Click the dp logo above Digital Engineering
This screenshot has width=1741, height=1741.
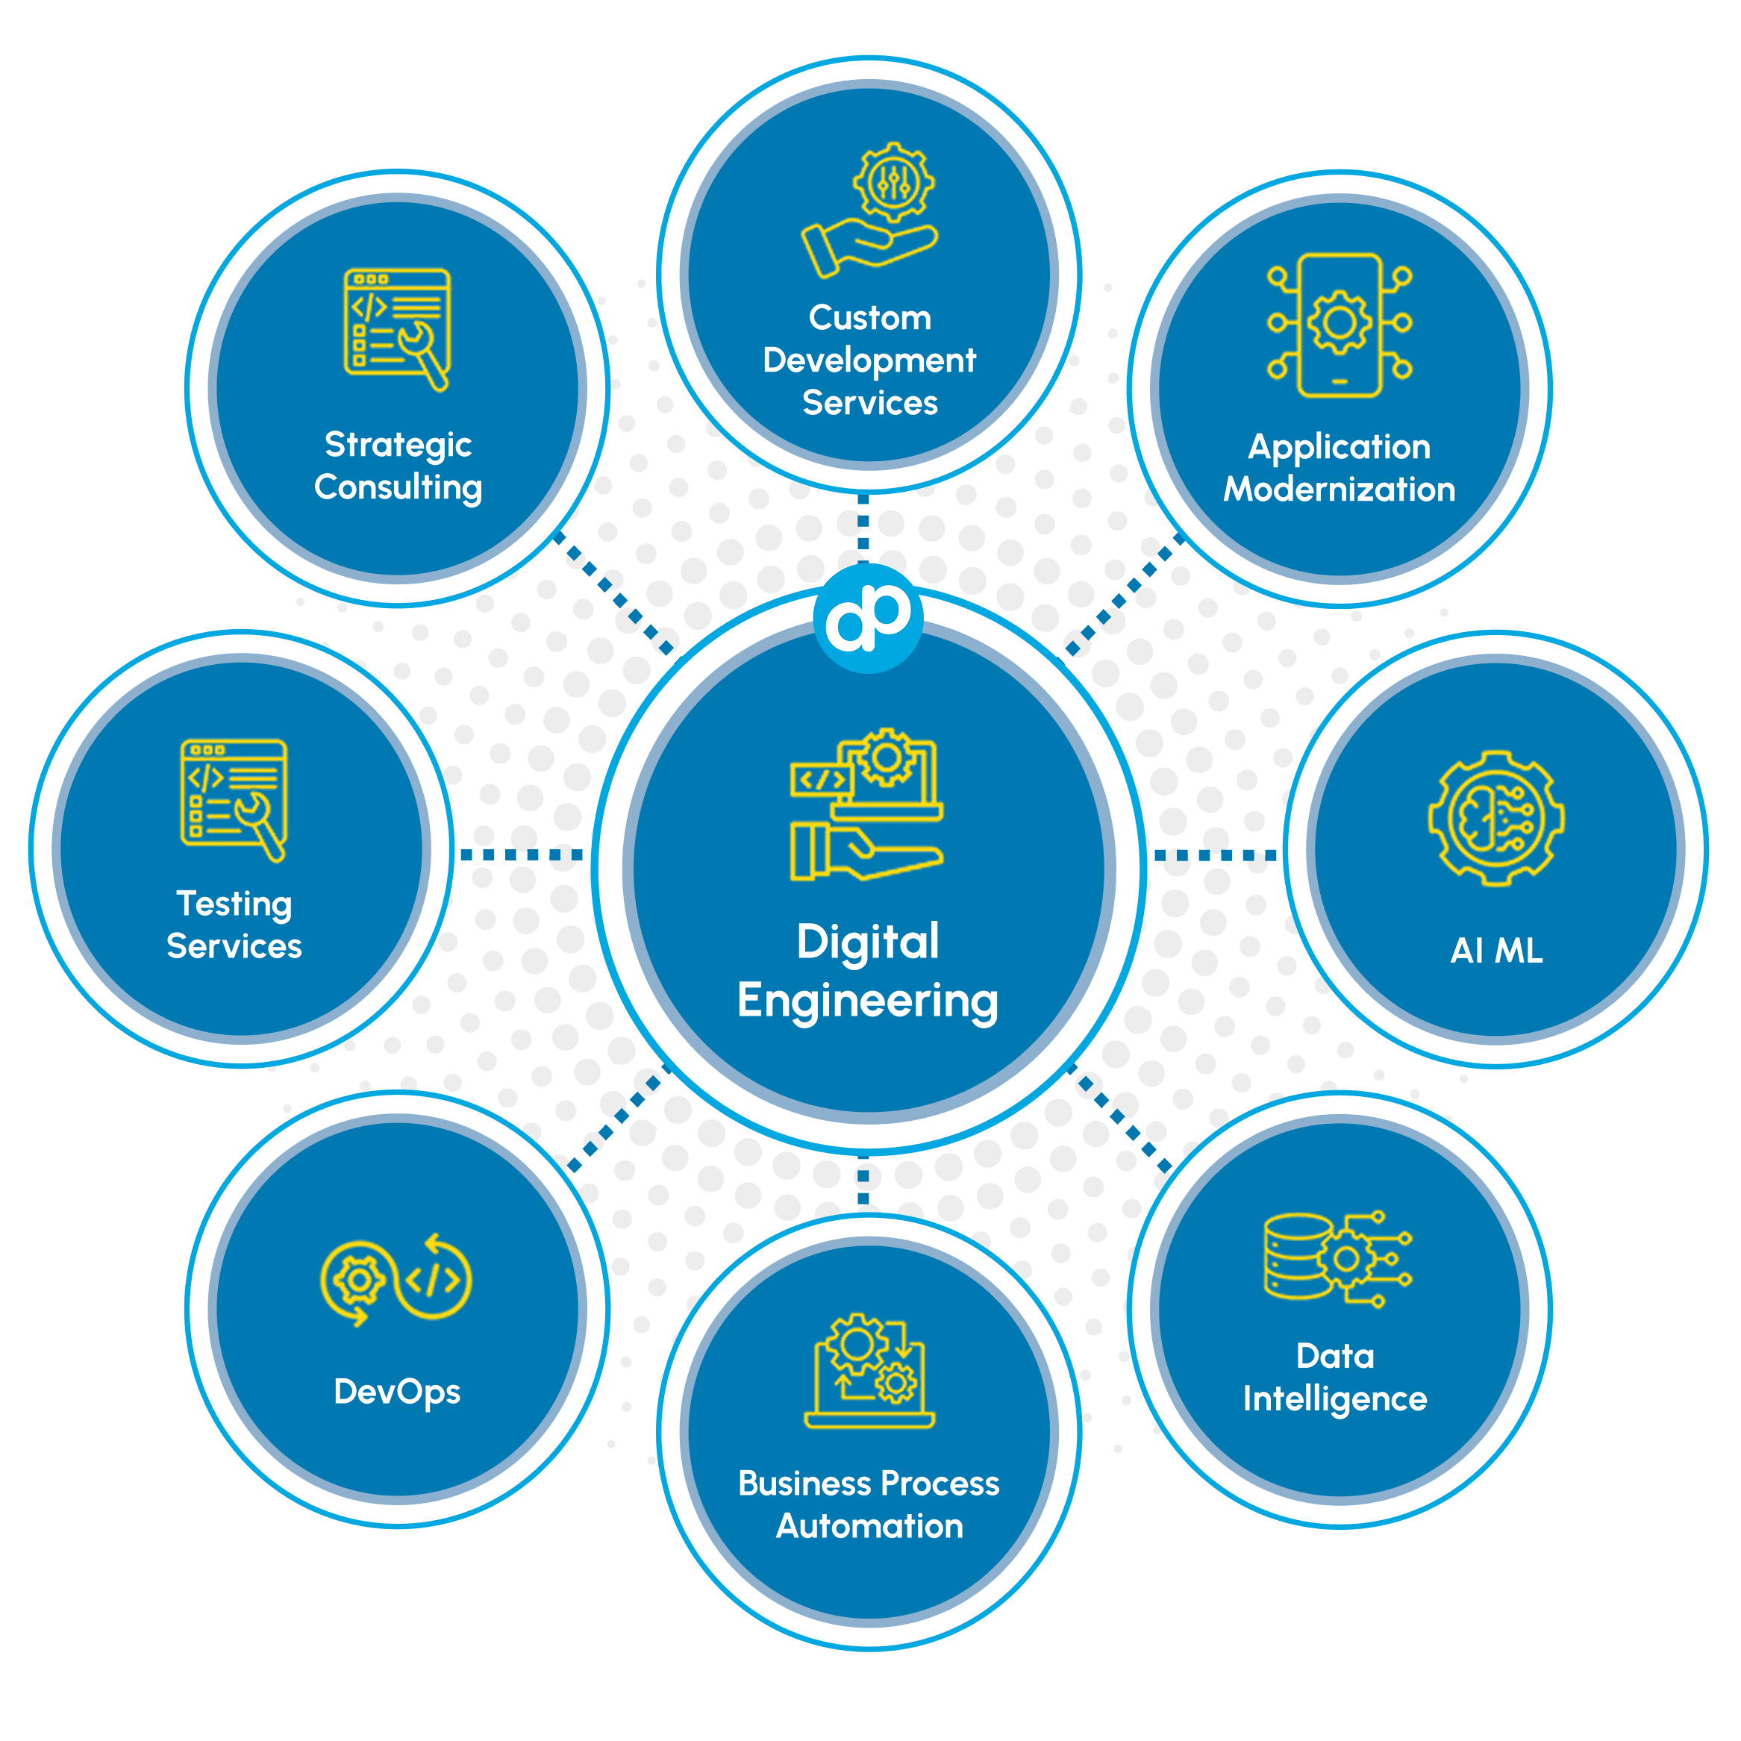868,618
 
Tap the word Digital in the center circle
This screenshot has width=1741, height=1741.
868,943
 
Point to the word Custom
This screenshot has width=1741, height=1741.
869,318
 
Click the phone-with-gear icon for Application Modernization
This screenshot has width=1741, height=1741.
1339,325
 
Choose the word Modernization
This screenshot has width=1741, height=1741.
1339,490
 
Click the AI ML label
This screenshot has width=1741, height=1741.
1496,951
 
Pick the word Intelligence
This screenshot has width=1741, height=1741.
1334,1398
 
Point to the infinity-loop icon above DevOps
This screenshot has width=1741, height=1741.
396,1281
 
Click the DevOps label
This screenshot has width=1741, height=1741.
396,1391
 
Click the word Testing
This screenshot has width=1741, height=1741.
234,904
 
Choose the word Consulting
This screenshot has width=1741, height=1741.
398,487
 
